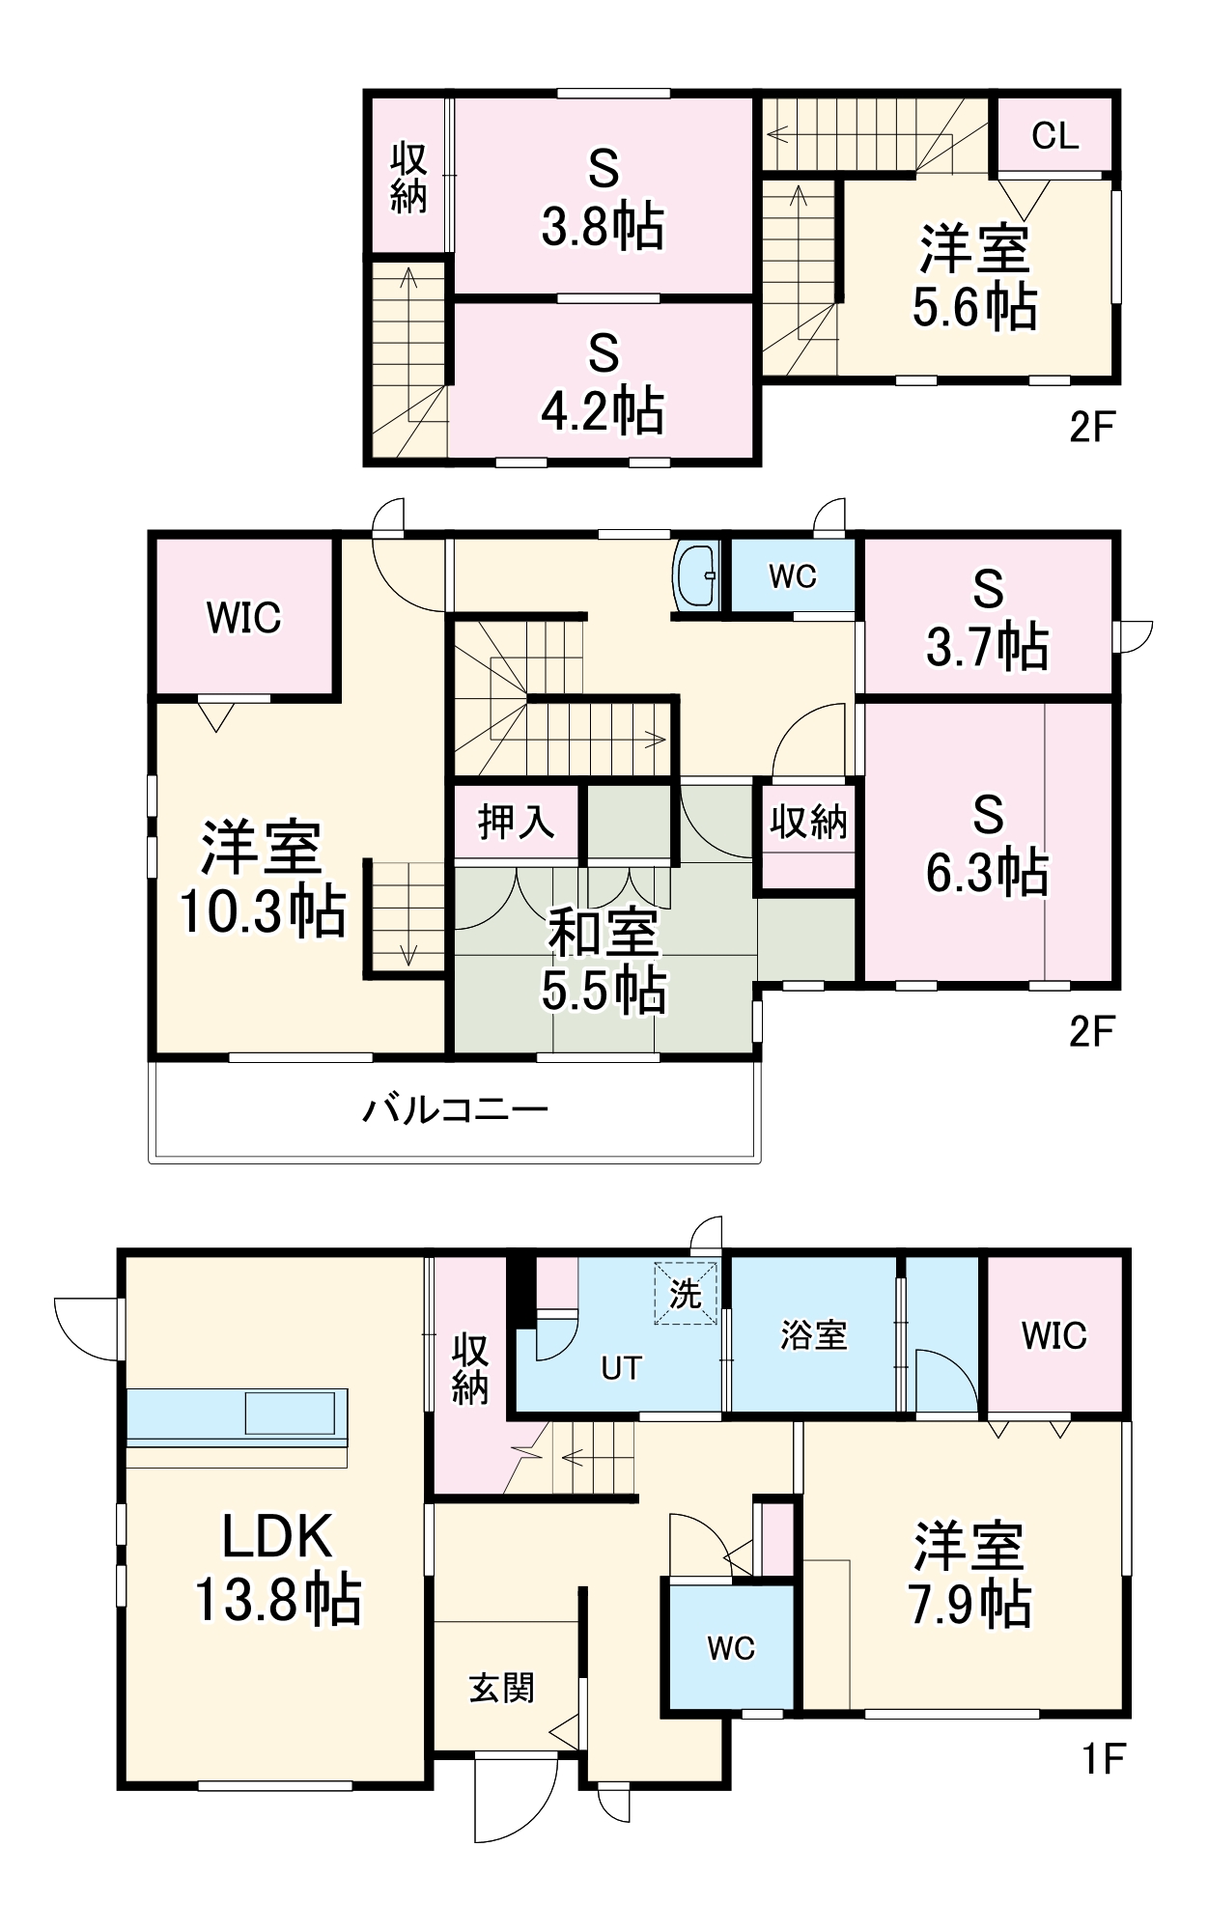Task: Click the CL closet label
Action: click(x=1054, y=136)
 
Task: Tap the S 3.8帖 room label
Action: click(x=603, y=199)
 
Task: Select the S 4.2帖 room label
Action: click(x=603, y=382)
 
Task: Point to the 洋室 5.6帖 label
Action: click(x=974, y=278)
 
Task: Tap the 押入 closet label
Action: click(x=517, y=823)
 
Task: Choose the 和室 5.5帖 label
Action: click(x=603, y=961)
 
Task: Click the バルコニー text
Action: click(x=456, y=1109)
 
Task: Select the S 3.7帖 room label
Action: click(x=987, y=619)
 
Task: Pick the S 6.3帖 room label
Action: click(x=987, y=844)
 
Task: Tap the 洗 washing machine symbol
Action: click(x=686, y=1294)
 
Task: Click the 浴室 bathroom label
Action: click(x=814, y=1335)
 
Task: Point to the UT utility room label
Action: click(x=621, y=1368)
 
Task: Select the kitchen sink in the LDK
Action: click(x=290, y=1413)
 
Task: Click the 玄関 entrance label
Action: click(x=502, y=1688)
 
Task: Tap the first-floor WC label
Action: click(x=731, y=1649)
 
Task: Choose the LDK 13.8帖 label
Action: click(x=278, y=1568)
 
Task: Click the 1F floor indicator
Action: click(x=1103, y=1759)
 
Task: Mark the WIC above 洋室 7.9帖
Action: click(x=1054, y=1336)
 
